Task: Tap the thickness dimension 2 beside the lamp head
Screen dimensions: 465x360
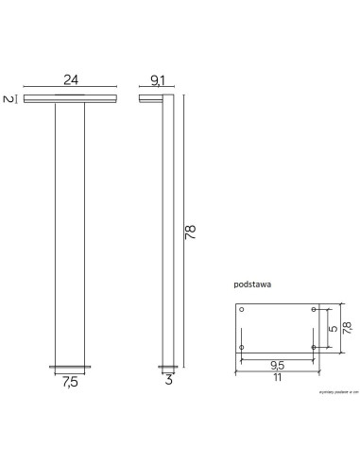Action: click(8, 98)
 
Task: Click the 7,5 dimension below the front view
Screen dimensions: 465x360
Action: click(69, 382)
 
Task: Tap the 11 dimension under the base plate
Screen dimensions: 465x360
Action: click(279, 376)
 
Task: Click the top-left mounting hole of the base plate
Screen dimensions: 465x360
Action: click(243, 309)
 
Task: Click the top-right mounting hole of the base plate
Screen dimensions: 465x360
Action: click(313, 309)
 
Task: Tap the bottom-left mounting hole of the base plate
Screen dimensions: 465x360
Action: click(243, 347)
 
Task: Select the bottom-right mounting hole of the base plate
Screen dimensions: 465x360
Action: click(313, 347)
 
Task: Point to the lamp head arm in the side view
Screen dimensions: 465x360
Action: click(154, 98)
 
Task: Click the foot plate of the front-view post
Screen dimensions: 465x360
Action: click(69, 368)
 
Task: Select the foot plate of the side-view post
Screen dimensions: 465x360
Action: click(169, 368)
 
